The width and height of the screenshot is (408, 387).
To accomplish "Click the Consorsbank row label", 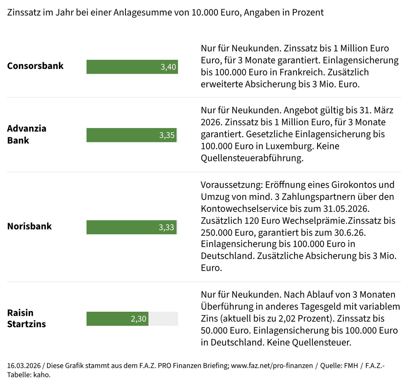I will (x=35, y=66).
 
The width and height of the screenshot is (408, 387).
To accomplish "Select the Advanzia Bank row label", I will (x=27, y=134).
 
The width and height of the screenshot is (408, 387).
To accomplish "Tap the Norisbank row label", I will (x=29, y=226).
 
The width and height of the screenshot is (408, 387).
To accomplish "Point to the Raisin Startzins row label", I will (x=26, y=318).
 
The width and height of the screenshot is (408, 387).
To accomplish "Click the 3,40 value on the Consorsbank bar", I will (x=168, y=67).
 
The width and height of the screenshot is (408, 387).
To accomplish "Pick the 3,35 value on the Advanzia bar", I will (x=167, y=135).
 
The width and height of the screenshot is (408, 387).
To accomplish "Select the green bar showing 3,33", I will (x=131, y=227).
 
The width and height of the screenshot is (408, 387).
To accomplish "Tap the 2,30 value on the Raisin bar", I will (x=139, y=319).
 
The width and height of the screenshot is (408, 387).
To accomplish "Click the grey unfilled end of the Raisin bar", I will (x=163, y=319).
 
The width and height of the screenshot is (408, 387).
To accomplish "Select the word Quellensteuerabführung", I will (x=252, y=158).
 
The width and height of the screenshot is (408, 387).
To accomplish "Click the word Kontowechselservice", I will (x=243, y=208).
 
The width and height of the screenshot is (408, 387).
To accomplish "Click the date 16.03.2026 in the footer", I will (x=24, y=366).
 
